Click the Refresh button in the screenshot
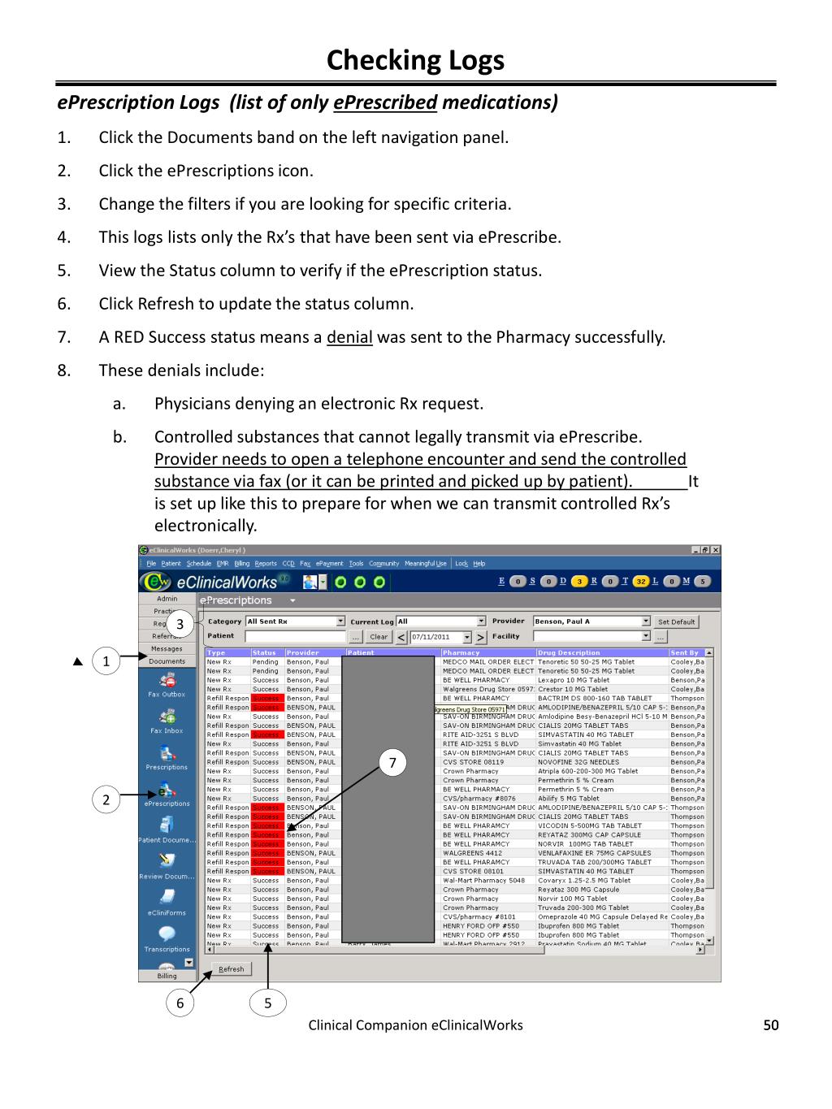pos(232,968)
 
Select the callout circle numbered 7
pos(392,762)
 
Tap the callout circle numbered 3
pos(180,625)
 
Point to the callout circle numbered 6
pos(180,1003)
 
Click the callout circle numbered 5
pos(267,1003)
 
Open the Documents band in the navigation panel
pos(167,661)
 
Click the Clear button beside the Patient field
pos(379,637)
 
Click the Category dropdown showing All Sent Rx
pos(295,622)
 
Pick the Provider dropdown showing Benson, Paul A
pos(591,622)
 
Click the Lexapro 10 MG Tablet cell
pos(574,680)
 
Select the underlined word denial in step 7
pos(349,337)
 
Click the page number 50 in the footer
pos(770,1025)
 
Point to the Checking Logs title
pos(415,60)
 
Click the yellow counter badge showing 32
pos(641,581)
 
